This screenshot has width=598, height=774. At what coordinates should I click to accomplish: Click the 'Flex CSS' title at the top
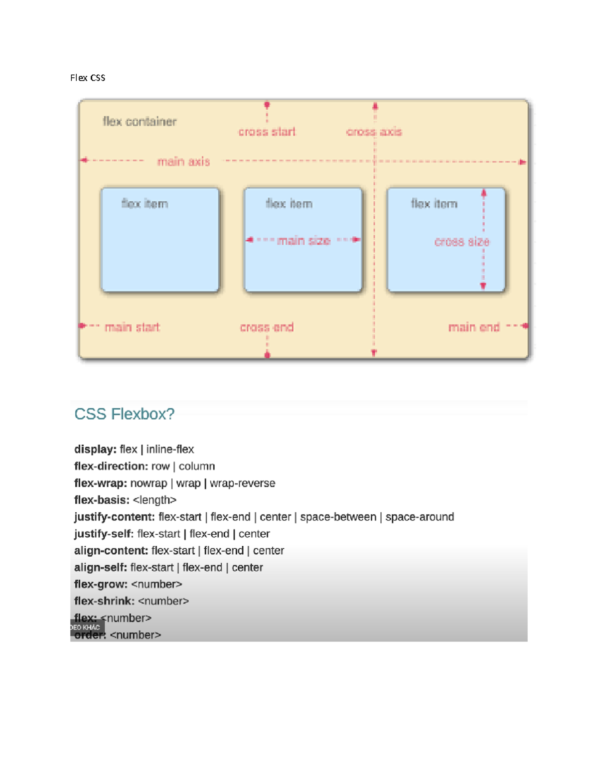(x=88, y=78)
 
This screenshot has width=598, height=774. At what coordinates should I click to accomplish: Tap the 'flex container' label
(x=140, y=122)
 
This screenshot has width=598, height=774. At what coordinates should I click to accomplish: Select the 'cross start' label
(x=267, y=132)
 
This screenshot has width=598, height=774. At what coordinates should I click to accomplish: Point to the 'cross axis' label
(x=374, y=132)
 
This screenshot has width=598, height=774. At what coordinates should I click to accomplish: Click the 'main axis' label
(x=183, y=161)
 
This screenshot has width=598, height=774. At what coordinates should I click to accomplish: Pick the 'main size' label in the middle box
(x=303, y=241)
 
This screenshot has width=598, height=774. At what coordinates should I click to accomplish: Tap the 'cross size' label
(x=461, y=242)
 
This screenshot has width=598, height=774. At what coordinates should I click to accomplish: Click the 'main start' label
(x=132, y=327)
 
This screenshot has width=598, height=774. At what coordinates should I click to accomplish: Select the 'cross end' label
(x=267, y=327)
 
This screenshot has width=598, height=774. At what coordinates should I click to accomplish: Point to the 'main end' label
(x=473, y=327)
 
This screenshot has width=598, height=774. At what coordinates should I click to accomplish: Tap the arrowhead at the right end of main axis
(x=522, y=162)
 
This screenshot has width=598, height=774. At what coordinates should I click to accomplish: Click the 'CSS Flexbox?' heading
(x=124, y=414)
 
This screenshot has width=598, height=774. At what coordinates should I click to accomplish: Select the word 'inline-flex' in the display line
(x=170, y=450)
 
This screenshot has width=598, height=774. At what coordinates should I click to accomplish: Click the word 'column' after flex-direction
(x=197, y=466)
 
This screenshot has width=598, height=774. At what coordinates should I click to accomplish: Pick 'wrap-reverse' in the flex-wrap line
(x=242, y=483)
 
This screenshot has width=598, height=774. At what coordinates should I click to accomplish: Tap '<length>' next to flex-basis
(x=154, y=500)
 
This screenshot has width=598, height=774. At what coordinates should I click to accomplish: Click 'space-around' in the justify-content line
(x=420, y=517)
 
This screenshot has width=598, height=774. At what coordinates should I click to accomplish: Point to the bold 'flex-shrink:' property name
(x=104, y=601)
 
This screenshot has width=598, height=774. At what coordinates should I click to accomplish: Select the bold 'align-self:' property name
(x=101, y=568)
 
